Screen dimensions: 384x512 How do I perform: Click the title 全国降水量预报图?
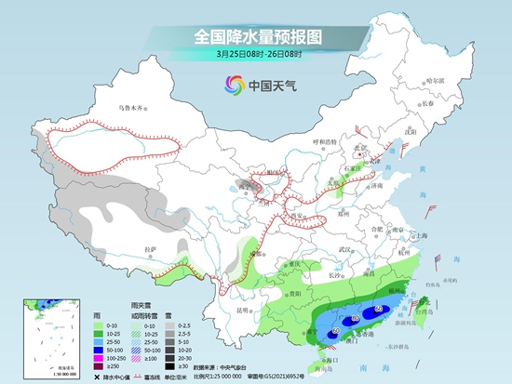[257, 36]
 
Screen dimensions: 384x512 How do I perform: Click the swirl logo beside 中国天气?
[232, 86]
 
